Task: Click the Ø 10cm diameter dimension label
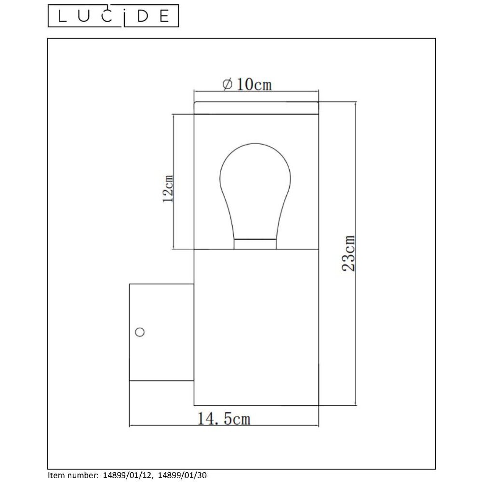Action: coord(247,84)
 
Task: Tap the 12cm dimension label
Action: coord(168,188)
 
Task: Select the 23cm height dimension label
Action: coord(348,253)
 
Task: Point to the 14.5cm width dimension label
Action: coord(224,418)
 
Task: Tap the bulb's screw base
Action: coord(255,244)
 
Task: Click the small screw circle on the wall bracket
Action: coord(140,332)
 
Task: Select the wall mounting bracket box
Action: coord(161,332)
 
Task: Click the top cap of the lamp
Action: coord(256,108)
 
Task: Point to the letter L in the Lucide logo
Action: coord(62,16)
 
